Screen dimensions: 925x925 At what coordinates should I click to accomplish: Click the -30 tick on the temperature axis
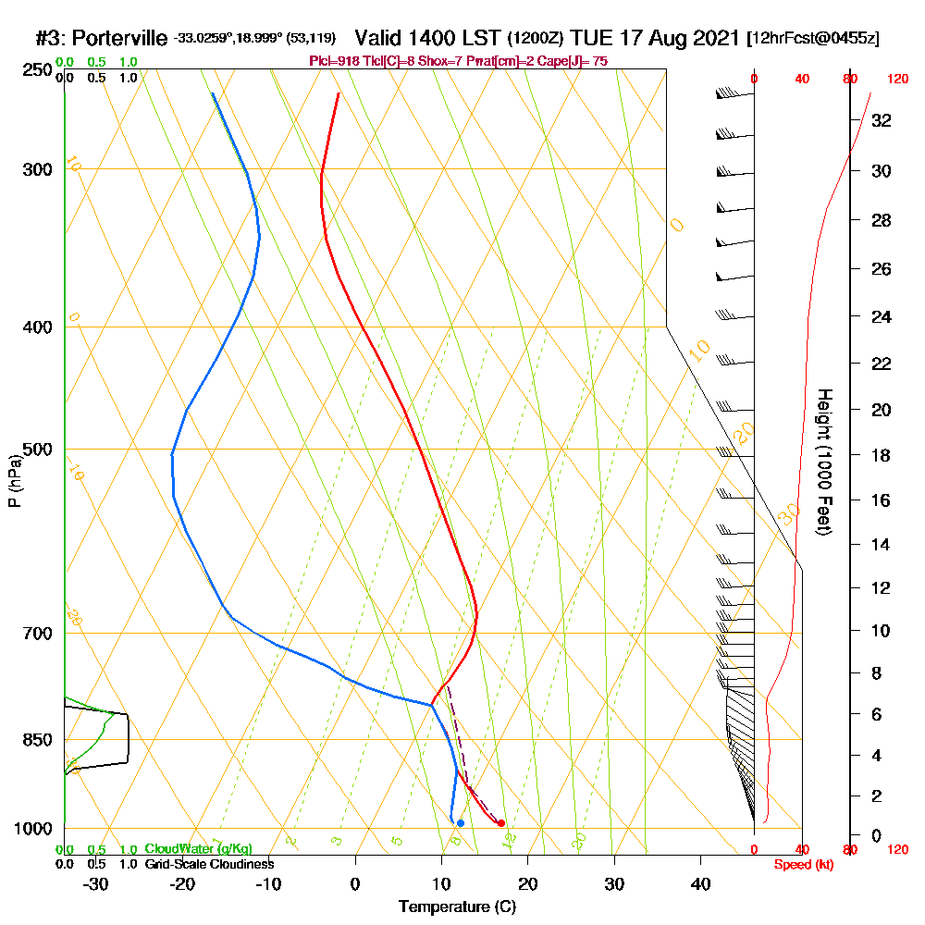(95, 883)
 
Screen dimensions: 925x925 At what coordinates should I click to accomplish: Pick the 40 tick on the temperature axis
(700, 883)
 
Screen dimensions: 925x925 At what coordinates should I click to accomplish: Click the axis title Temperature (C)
(457, 907)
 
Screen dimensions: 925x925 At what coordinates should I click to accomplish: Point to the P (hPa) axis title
(14, 481)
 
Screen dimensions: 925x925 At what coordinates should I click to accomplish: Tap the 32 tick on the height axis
(881, 120)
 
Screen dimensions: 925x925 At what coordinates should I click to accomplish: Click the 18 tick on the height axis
(881, 455)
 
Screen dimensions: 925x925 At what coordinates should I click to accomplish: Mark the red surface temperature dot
(501, 822)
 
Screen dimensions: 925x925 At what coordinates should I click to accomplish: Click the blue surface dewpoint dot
(460, 823)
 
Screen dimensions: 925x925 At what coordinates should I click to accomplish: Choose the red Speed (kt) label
(803, 864)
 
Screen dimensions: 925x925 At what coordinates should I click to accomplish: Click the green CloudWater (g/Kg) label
(198, 849)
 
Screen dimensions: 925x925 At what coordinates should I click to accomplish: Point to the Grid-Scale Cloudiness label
(208, 864)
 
